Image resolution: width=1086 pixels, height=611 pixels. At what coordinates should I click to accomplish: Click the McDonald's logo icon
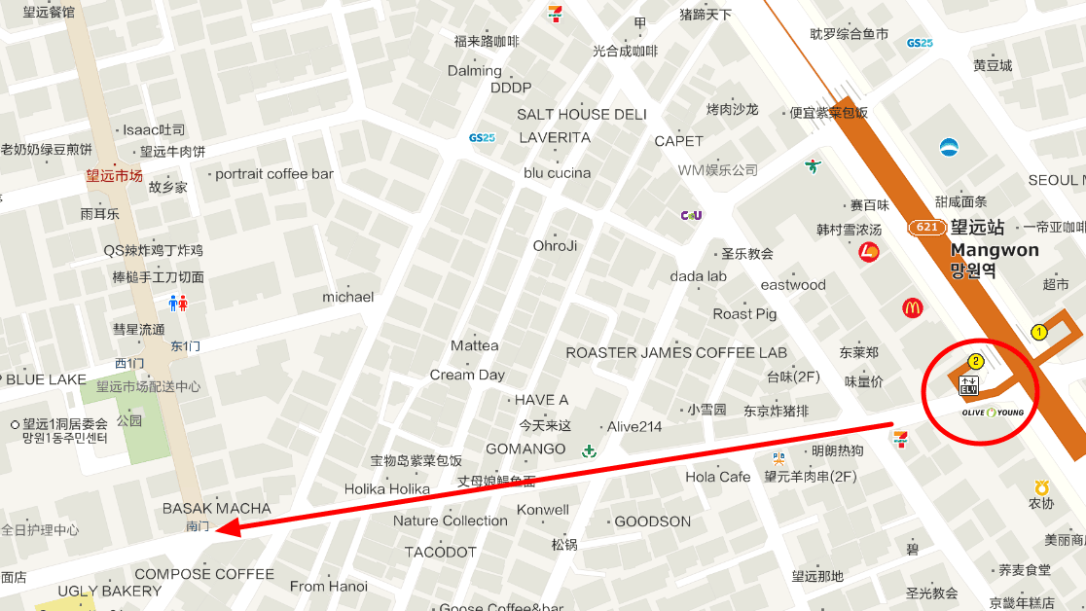click(x=912, y=307)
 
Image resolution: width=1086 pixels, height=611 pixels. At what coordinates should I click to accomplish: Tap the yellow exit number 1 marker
click(x=1038, y=332)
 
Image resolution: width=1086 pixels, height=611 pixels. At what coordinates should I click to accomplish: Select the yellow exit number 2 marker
click(x=976, y=361)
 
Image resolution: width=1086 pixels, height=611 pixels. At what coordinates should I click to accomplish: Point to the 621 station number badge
click(x=928, y=228)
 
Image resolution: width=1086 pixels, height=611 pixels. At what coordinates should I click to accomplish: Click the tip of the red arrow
click(x=218, y=530)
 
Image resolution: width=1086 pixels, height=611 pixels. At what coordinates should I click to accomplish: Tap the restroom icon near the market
click(x=178, y=303)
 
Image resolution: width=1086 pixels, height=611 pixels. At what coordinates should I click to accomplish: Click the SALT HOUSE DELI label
click(x=582, y=114)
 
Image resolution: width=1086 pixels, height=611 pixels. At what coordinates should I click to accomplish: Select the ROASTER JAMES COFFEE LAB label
click(x=676, y=352)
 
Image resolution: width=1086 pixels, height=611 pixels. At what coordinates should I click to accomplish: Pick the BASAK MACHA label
click(x=217, y=508)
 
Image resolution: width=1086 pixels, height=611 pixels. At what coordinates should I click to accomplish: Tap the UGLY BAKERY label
click(x=110, y=591)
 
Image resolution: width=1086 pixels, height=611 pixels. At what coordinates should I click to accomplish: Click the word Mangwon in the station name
click(x=995, y=250)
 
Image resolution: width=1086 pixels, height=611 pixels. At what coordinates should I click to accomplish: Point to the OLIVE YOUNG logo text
click(x=993, y=413)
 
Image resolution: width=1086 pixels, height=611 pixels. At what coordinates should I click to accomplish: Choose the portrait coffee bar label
click(x=274, y=174)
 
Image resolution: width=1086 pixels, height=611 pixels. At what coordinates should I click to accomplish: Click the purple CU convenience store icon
click(x=692, y=214)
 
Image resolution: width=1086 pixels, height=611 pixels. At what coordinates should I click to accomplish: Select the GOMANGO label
click(x=525, y=449)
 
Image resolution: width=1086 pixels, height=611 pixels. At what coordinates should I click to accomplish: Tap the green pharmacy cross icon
click(x=588, y=450)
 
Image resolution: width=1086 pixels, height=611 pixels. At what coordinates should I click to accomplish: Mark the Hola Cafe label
click(x=718, y=477)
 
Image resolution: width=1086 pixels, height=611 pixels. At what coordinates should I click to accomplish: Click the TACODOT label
click(x=441, y=552)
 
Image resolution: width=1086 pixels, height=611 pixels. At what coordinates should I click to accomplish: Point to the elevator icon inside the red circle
click(x=968, y=385)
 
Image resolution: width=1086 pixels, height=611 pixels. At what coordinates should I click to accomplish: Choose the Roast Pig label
click(x=744, y=313)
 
